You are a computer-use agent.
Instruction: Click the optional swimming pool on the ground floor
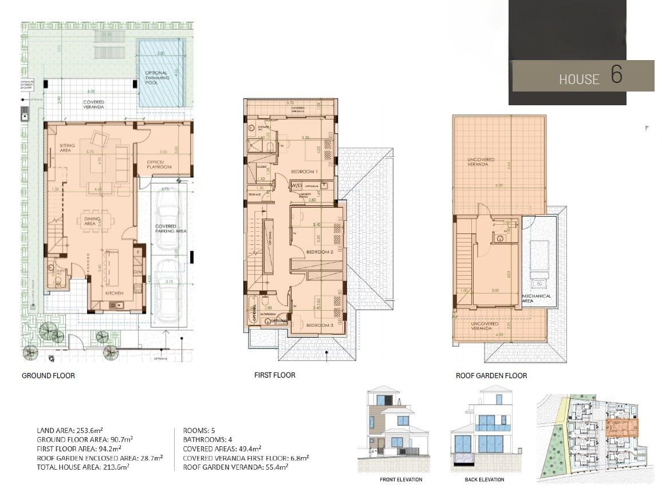pos(160,74)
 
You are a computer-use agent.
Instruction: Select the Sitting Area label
pos(67,148)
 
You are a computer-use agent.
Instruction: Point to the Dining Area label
pos(90,221)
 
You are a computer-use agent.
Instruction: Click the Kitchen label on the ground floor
pos(115,293)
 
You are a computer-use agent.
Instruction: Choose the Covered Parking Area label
pos(171,229)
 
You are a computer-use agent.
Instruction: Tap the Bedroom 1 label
pos(304,172)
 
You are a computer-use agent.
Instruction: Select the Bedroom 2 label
pos(319,252)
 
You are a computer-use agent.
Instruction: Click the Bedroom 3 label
pos(319,325)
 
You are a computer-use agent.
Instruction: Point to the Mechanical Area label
pos(537,298)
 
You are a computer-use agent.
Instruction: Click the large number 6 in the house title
pos(616,76)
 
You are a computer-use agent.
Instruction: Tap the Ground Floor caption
pos(48,376)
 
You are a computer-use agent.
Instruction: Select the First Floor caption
pos(275,375)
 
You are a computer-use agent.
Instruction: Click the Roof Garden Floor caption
pos(491,376)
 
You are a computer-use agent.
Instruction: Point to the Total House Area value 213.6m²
pos(119,467)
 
